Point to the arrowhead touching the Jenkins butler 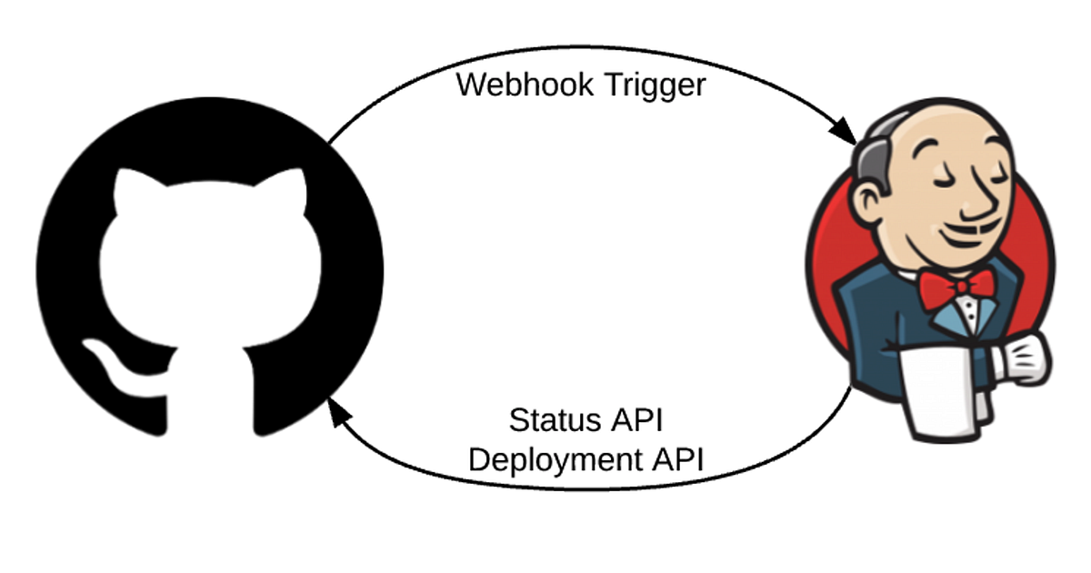click(x=845, y=132)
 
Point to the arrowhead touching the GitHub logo click(x=338, y=415)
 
